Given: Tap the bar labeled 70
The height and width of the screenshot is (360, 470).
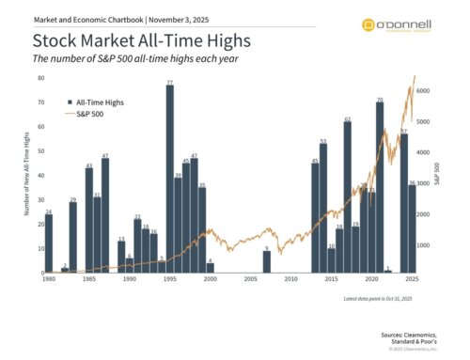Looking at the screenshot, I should coord(379,188).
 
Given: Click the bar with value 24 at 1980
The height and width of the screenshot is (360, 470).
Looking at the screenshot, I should coord(49,243).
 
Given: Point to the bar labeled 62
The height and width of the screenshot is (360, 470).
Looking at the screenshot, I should coord(347,197).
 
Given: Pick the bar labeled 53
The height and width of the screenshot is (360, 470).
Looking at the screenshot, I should coord(323,208).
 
